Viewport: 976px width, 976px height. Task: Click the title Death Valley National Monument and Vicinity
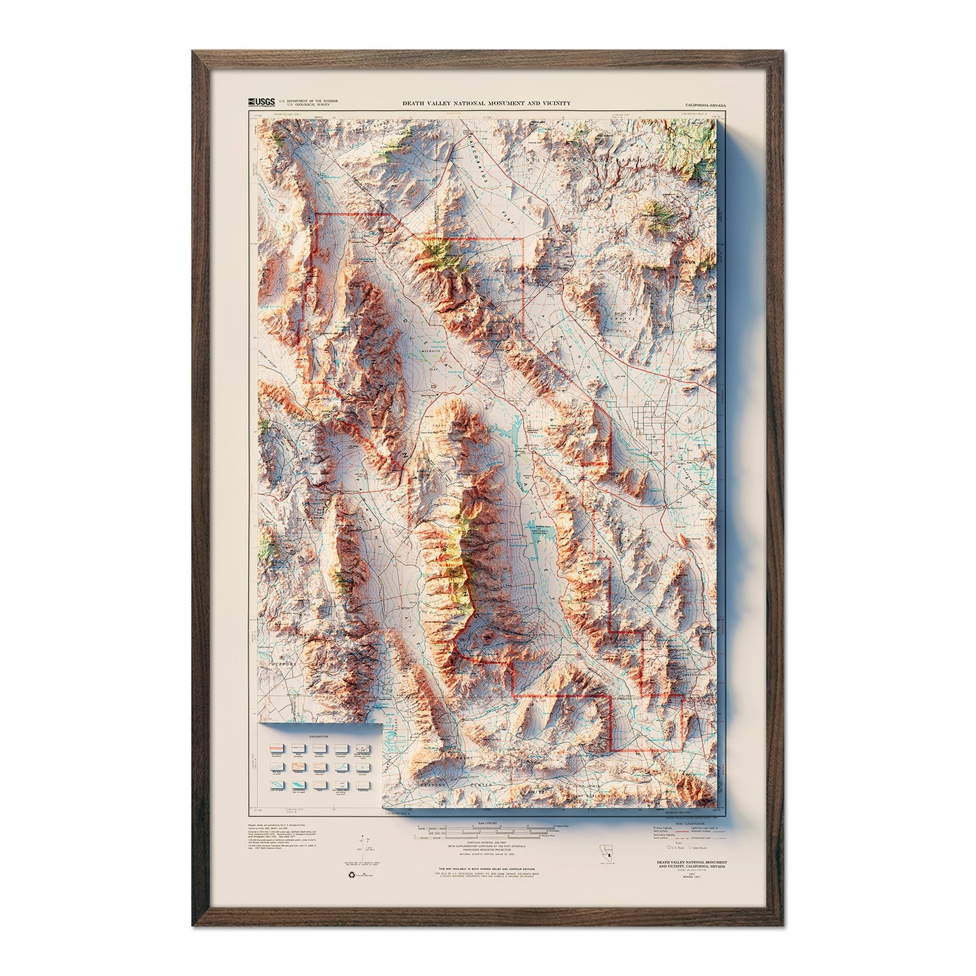[x=486, y=103]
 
